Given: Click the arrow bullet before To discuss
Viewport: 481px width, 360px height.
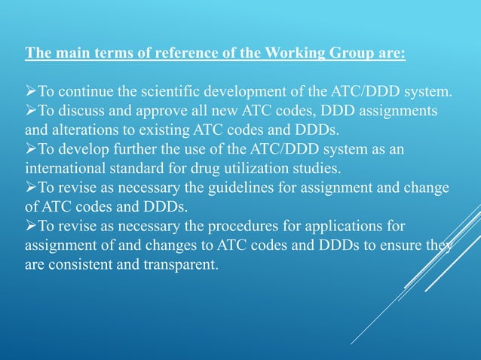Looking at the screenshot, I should (31, 111).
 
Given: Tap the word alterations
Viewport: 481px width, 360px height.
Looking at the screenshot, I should (85, 130).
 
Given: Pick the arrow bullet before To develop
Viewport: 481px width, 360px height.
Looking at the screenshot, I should (31, 149).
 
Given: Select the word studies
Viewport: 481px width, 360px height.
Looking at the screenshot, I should (356, 168).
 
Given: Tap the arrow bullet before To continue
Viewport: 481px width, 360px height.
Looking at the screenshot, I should (31, 93).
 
